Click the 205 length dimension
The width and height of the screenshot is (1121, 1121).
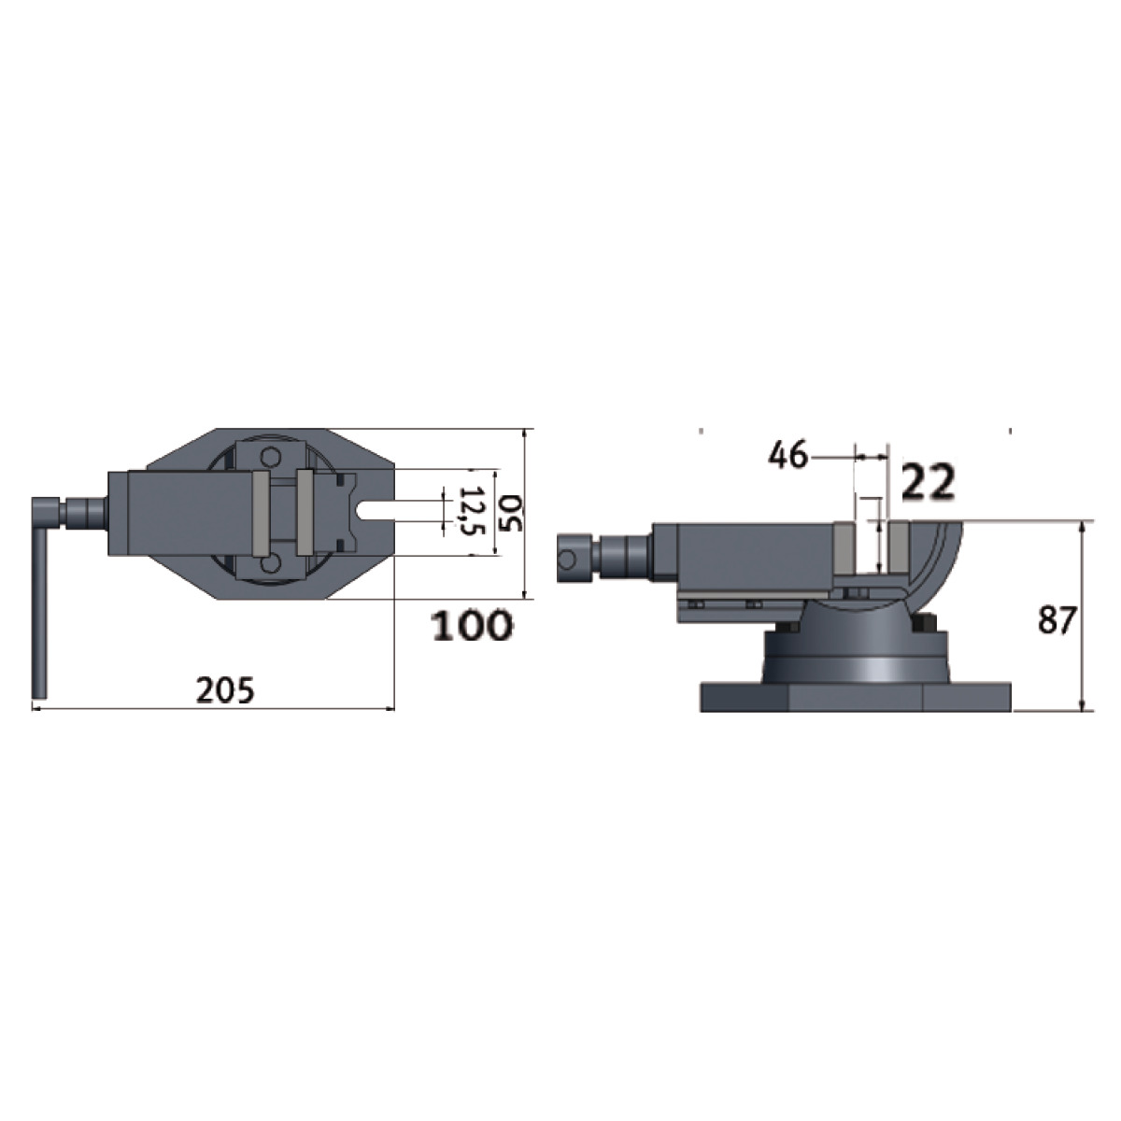pos(225,690)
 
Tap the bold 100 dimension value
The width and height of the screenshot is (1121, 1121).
pos(473,625)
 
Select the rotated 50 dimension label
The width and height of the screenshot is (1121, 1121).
pos(511,513)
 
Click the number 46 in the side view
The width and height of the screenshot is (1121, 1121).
pos(788,455)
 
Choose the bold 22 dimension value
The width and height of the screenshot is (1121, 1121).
pos(929,482)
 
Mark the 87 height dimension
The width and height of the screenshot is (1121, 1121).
pos(1057,620)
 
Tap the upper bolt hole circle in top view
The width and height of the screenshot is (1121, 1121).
pos(269,457)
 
